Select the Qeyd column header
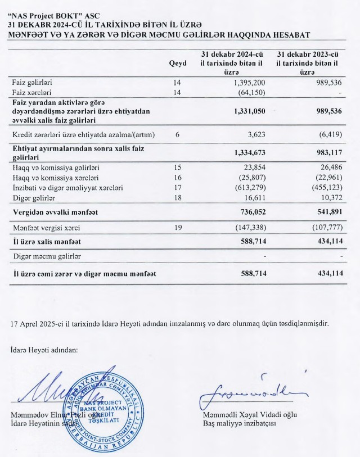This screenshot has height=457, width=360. click(177, 64)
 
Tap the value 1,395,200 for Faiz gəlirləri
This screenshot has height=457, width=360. click(248, 83)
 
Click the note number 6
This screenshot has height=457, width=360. click(177, 134)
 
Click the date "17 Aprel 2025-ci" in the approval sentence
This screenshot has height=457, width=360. click(37, 324)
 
